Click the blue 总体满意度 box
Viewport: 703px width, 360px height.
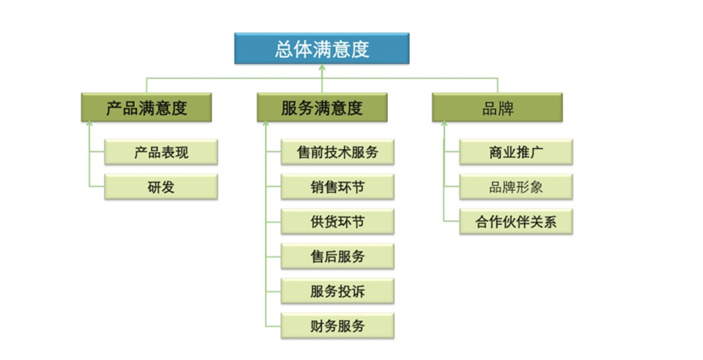[x=321, y=49]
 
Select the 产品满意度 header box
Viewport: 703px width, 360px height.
[x=147, y=108]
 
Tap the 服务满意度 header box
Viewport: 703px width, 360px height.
[x=322, y=108]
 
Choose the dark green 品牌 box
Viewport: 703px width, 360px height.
[x=497, y=108]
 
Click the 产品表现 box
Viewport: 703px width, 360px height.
[x=161, y=152]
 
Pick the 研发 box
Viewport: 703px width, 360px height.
[x=161, y=187]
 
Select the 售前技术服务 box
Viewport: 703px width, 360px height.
[x=338, y=152]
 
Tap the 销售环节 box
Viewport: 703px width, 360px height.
[x=338, y=187]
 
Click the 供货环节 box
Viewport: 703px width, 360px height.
[x=338, y=222]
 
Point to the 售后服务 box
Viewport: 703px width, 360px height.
[x=338, y=257]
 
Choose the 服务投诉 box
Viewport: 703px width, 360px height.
[x=338, y=291]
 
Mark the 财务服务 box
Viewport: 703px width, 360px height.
[x=338, y=326]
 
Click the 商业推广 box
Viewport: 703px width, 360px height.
[x=516, y=152]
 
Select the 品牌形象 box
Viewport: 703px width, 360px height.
[x=516, y=187]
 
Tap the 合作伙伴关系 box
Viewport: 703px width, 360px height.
[x=516, y=222]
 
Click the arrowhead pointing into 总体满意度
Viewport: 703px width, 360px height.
[x=321, y=68]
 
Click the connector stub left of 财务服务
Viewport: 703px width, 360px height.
[x=273, y=326]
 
